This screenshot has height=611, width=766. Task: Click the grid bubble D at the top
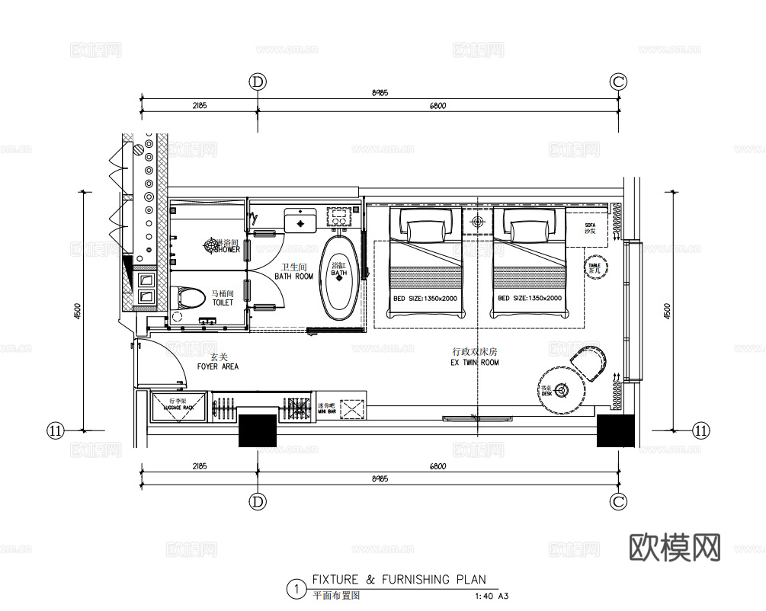click(x=258, y=82)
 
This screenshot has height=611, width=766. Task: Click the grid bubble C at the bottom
click(x=618, y=501)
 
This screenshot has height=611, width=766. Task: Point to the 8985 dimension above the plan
click(x=380, y=93)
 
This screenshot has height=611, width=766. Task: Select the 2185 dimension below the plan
click(x=200, y=466)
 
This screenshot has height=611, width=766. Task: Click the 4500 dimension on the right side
click(x=668, y=311)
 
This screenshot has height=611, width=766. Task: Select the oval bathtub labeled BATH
click(x=339, y=277)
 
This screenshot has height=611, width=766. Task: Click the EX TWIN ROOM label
click(x=474, y=357)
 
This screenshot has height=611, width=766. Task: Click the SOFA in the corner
click(x=588, y=229)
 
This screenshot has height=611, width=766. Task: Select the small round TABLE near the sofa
click(x=595, y=267)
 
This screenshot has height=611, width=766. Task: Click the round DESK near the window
click(x=562, y=390)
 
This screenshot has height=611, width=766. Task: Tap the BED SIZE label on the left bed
click(x=425, y=298)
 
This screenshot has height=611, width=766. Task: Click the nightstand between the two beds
click(x=477, y=222)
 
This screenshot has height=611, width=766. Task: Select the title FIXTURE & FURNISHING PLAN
click(x=399, y=580)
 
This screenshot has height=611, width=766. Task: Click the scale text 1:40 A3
click(x=491, y=597)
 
